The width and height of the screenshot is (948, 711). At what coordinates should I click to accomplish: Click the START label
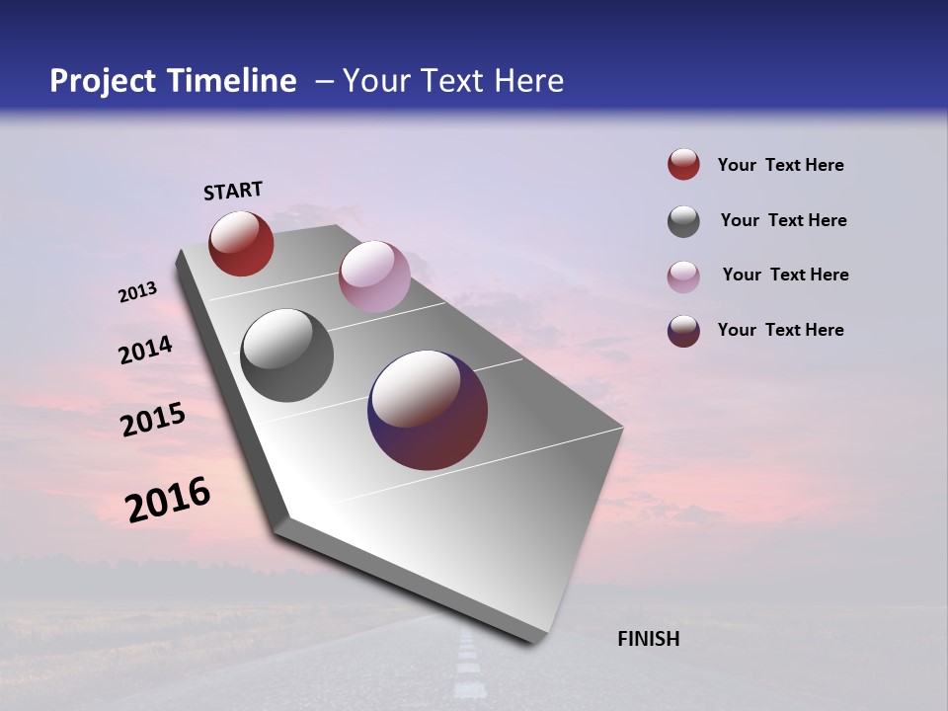233,191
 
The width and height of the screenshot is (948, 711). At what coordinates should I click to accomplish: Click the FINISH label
648,639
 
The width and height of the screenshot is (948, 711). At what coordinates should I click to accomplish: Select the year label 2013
137,292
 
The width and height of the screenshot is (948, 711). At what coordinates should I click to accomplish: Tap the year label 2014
145,351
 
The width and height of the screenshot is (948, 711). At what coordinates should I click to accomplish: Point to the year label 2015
153,420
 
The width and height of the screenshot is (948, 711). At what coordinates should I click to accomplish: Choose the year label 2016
168,500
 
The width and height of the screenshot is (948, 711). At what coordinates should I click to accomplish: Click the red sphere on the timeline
241,243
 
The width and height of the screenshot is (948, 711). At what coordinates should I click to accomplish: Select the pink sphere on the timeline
374,276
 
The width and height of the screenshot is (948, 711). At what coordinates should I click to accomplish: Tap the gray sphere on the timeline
287,355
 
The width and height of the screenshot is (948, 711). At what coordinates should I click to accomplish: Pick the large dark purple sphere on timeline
428,410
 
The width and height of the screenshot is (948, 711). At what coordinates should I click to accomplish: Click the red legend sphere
683,165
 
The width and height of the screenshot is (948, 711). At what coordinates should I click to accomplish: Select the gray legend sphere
683,221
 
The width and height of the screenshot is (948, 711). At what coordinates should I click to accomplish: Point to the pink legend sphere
683,276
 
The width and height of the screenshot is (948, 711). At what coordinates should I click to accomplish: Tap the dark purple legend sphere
683,331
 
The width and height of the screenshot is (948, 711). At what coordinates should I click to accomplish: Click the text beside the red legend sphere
780,165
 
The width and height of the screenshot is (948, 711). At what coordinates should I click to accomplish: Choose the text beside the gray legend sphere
783,220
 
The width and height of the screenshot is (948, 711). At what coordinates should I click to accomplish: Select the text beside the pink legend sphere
785,275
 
